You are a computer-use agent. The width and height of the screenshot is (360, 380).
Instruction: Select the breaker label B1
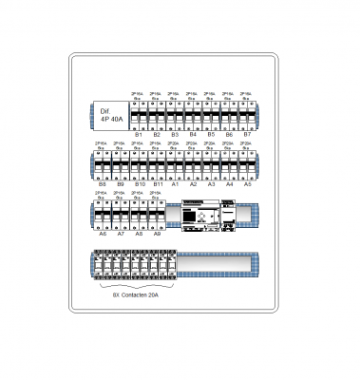[139, 135]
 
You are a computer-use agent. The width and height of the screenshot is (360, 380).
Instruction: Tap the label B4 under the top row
[193, 135]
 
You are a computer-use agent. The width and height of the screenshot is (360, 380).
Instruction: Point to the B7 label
[247, 135]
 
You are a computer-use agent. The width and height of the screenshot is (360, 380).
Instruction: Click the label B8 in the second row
[102, 183]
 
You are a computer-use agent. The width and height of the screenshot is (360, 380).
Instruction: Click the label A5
[248, 183]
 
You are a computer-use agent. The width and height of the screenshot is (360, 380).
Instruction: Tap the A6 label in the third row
[102, 233]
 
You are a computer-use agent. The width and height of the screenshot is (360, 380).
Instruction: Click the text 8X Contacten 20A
[137, 295]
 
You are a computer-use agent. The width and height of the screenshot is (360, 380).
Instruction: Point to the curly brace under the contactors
[137, 286]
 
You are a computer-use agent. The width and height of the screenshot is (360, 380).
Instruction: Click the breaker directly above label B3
[175, 115]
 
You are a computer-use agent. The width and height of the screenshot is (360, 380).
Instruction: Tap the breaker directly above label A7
[121, 213]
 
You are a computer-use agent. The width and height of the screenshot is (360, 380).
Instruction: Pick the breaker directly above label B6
[229, 115]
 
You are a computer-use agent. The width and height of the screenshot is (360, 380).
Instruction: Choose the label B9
[121, 183]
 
